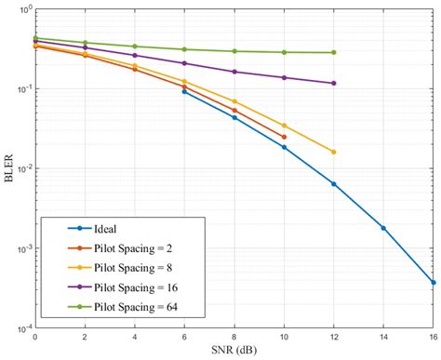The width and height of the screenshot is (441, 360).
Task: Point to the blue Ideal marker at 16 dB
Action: coord(434,283)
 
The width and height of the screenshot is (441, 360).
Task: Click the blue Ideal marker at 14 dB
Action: coord(383,228)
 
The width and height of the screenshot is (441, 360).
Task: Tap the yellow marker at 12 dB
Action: coord(333,152)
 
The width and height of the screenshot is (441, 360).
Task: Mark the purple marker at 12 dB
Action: coord(333,83)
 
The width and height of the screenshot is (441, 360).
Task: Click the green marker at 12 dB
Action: coord(333,52)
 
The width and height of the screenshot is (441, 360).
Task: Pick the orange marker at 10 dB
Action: coord(284,137)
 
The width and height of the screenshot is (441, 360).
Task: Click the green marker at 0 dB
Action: coord(34,38)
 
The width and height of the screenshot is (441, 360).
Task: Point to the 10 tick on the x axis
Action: coord(284,339)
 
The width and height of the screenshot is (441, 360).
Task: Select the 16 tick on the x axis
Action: coord(433,339)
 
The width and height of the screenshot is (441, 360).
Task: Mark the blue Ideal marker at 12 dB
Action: coord(333,183)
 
